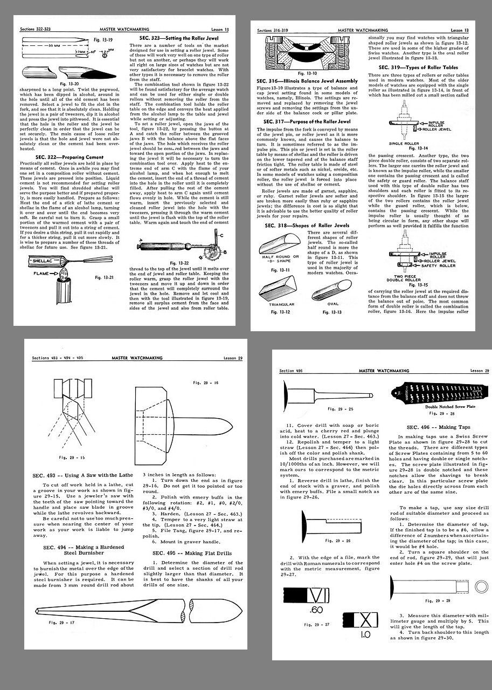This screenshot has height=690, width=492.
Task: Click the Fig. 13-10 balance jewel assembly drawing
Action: (307, 54)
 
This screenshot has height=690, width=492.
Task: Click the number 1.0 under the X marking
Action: (365, 634)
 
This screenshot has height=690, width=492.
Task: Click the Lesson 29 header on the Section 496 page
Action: (479, 371)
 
